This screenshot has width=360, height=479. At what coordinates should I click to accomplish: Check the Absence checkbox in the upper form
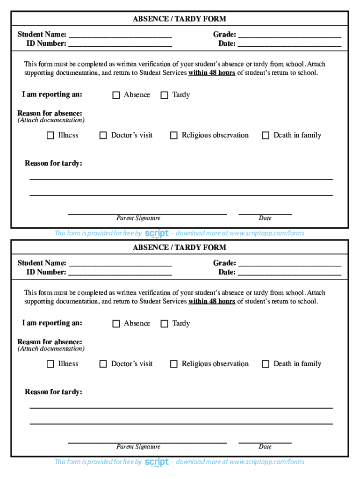click(x=116, y=95)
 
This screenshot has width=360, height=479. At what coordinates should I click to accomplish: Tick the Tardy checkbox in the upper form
click(x=164, y=95)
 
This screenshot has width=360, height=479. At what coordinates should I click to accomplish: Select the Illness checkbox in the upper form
click(x=50, y=136)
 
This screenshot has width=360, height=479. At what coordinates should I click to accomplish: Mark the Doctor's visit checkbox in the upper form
click(x=103, y=136)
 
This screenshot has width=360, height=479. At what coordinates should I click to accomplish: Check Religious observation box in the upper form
click(x=173, y=136)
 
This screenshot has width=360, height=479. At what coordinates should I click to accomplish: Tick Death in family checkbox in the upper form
click(x=266, y=136)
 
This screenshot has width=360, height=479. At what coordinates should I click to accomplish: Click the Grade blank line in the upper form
click(x=289, y=35)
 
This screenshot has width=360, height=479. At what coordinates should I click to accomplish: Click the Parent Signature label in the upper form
click(x=138, y=218)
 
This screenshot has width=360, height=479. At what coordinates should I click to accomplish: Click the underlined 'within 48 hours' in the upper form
click(x=212, y=73)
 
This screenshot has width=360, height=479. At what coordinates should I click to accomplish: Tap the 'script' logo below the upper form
click(x=157, y=233)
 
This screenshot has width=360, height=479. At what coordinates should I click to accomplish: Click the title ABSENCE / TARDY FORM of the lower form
click(x=180, y=247)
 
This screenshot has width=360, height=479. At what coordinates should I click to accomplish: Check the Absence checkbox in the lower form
click(x=116, y=324)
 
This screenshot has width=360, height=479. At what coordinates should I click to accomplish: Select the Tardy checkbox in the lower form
click(x=164, y=324)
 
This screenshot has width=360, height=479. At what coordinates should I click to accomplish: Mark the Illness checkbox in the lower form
click(x=50, y=364)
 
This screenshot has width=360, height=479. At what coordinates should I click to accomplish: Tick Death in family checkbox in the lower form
click(x=266, y=364)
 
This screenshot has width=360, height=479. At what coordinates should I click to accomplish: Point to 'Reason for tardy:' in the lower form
click(x=53, y=392)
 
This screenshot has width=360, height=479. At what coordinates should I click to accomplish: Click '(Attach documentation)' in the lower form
click(x=51, y=349)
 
